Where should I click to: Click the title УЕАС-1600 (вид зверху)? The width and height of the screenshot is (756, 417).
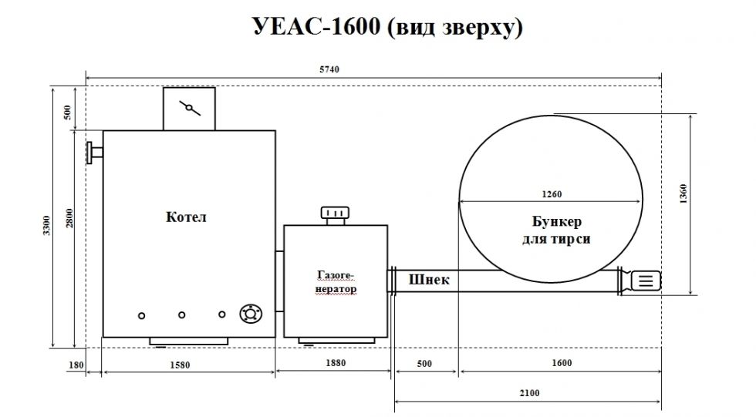tap(387, 27)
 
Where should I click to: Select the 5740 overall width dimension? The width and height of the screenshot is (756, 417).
tap(329, 69)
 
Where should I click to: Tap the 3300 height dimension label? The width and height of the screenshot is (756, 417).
tap(46, 225)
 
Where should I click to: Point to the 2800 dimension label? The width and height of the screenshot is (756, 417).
tap(70, 217)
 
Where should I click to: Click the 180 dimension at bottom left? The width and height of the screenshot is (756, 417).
tap(76, 365)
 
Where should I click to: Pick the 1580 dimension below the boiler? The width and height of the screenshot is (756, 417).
tap(180, 365)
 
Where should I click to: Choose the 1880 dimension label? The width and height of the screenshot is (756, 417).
tap(336, 362)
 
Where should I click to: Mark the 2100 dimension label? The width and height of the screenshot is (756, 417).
tap(529, 393)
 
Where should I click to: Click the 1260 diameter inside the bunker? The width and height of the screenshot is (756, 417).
tap(552, 194)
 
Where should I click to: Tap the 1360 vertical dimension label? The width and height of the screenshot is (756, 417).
tap(683, 193)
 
